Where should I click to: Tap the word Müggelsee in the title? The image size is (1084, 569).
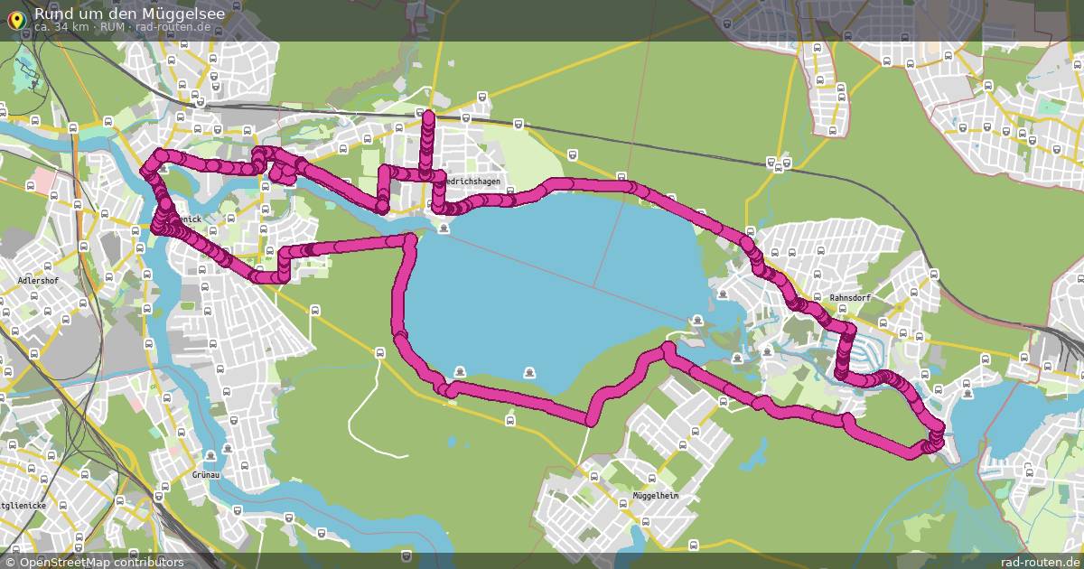[x=180, y=14]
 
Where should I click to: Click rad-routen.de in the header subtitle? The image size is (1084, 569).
[x=173, y=27]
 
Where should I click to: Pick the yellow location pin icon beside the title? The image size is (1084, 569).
[x=15, y=20]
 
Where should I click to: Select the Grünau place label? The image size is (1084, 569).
[x=207, y=473]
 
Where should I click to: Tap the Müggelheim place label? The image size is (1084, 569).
[x=655, y=497]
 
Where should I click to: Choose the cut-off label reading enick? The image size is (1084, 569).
[x=188, y=219]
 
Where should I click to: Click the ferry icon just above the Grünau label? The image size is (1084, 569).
[x=210, y=455]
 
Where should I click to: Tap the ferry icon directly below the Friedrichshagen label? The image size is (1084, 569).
[x=443, y=228]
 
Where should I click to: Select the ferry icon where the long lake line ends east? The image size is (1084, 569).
[x=696, y=320]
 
